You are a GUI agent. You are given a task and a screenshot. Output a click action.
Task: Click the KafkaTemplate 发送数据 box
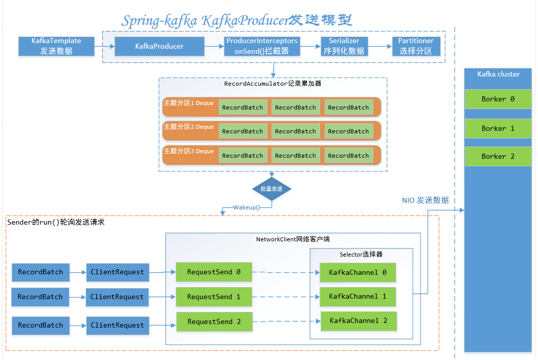pos(56,46)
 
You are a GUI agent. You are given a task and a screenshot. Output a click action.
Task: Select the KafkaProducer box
pos(159,46)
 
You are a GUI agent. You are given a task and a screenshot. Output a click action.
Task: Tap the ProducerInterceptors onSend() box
pos(262,46)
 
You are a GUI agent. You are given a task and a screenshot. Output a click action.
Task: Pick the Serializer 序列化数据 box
pos(344,46)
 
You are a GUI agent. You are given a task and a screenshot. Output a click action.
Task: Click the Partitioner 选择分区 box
pos(416,46)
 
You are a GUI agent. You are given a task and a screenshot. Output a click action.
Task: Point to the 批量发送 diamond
pos(272,189)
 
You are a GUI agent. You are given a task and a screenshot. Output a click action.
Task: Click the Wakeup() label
pos(247,207)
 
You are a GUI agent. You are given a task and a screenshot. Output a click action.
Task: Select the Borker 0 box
pos(498,99)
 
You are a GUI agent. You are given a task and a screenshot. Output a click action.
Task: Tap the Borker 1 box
pos(498,129)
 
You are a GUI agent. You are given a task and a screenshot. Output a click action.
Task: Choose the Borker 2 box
pos(498,157)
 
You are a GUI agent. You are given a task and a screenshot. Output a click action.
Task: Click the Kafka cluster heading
pos(498,74)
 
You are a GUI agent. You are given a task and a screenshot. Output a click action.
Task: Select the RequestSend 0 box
pos(214,272)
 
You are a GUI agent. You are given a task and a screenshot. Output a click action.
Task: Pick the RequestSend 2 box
pos(214,322)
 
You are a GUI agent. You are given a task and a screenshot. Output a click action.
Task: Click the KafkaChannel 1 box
pos(358,297)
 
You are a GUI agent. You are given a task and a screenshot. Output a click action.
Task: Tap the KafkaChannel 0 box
pos(358,273)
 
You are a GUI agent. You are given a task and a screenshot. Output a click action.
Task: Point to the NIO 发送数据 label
pos(426,200)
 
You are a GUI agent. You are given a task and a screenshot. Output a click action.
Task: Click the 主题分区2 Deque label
pos(188,127)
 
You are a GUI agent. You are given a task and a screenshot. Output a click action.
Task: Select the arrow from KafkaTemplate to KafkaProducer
pos(104,46)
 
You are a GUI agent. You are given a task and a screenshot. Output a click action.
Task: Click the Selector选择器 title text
pos(361,254)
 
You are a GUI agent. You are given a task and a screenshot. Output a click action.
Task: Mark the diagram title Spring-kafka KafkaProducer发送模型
pos(237,21)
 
